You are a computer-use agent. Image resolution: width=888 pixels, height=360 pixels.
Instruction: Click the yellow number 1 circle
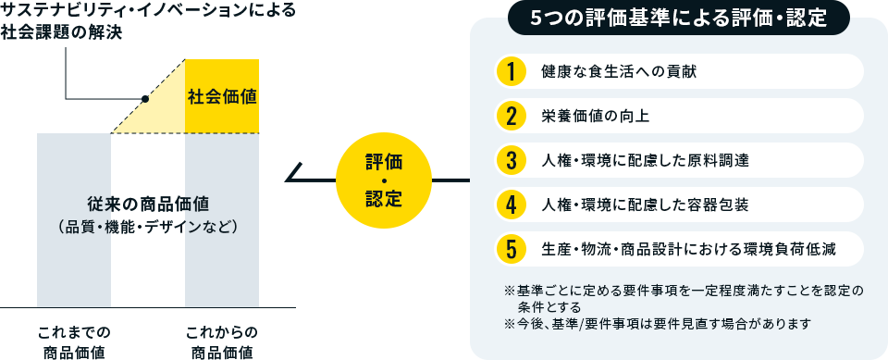510,71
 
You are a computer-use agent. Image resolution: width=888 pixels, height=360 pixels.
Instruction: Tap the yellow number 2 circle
510,116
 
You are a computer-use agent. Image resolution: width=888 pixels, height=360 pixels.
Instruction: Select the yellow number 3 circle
510,159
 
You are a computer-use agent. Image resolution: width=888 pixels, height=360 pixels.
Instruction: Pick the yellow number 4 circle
510,204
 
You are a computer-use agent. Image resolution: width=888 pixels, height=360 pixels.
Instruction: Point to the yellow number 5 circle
510,248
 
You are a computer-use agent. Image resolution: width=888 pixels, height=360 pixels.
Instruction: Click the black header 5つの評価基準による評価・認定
679,18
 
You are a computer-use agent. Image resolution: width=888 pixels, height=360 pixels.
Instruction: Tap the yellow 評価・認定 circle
384,179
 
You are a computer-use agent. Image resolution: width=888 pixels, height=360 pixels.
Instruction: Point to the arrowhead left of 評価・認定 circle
294,172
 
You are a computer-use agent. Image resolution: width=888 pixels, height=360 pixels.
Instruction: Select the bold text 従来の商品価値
148,203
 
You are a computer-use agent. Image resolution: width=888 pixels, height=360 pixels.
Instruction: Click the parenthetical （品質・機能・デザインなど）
148,225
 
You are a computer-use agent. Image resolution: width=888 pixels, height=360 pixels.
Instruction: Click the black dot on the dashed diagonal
145,98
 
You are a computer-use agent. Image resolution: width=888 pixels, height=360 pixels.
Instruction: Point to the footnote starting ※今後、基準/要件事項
657,323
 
